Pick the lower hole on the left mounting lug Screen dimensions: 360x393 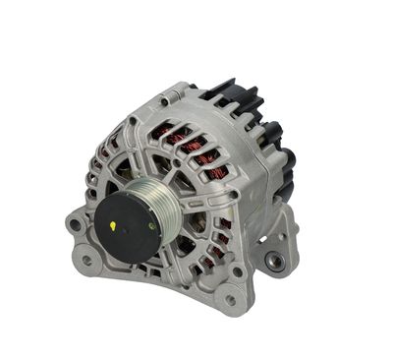(87, 261)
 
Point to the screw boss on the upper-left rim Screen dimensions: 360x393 (130, 121)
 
